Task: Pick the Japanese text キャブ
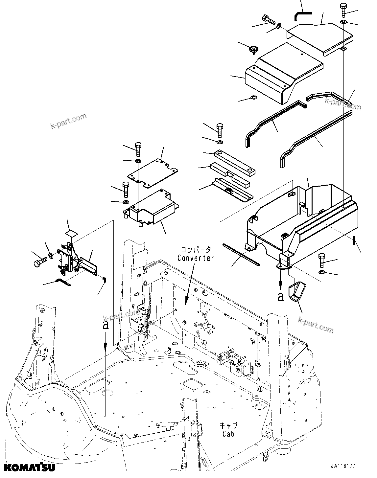tap(228, 426)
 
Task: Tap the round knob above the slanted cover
tap(253, 50)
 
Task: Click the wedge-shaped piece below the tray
tap(295, 293)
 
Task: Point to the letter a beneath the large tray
tap(280, 297)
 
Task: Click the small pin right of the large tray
tap(354, 241)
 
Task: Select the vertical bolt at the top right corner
tap(343, 10)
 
